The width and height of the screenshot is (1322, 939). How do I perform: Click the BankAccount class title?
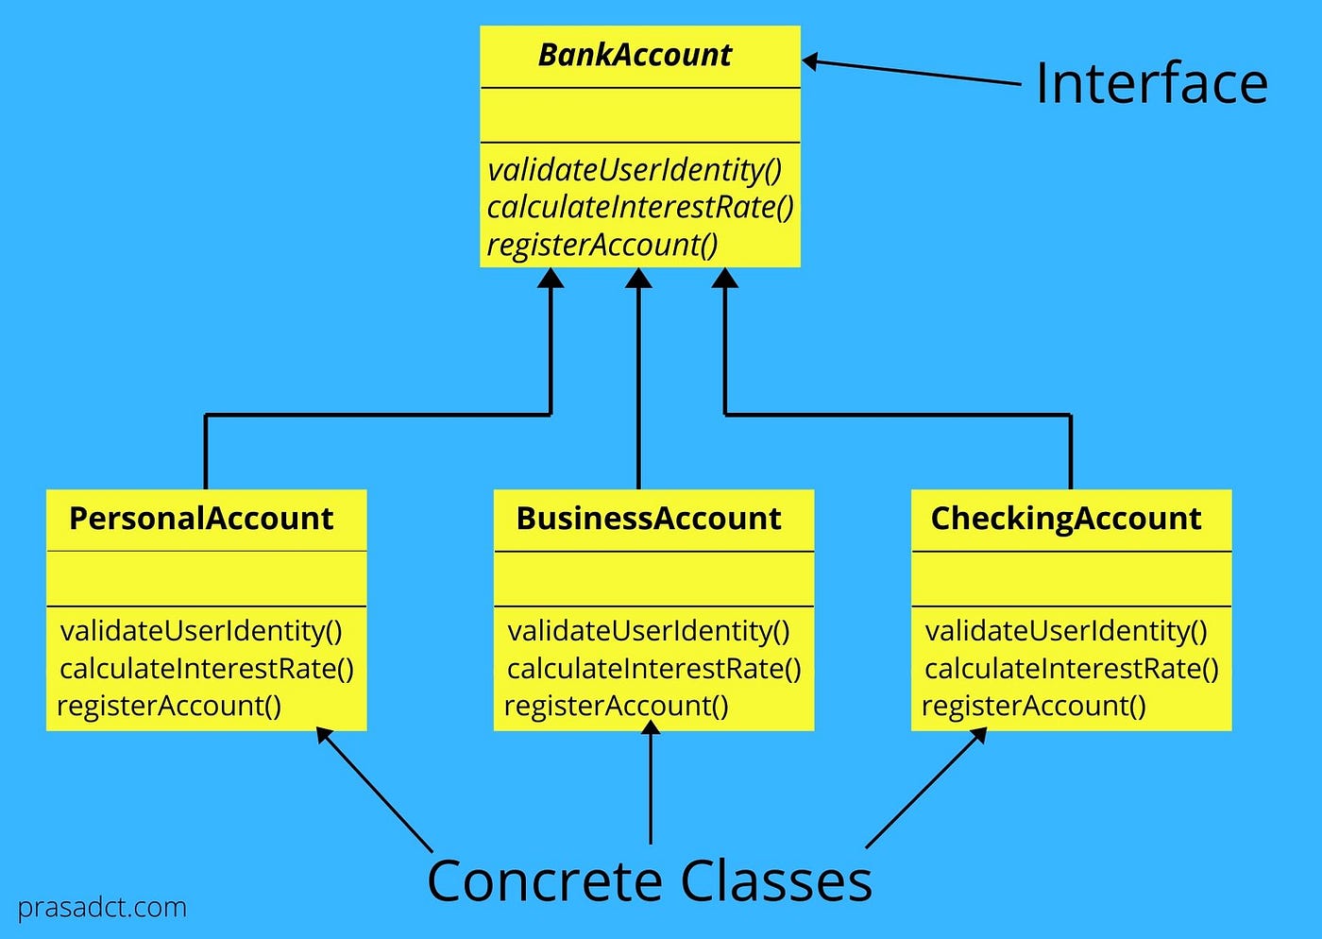pyautogui.click(x=635, y=56)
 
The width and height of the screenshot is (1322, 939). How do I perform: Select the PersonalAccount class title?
pyautogui.click(x=201, y=519)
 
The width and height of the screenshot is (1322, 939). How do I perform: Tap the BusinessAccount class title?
pyautogui.click(x=649, y=519)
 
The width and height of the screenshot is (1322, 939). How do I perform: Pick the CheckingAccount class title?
pyautogui.click(x=1066, y=519)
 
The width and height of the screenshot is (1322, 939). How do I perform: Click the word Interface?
pyautogui.click(x=1151, y=84)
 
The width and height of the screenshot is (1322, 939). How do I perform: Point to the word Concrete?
pyautogui.click(x=545, y=881)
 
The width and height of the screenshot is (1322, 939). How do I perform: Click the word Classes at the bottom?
pyautogui.click(x=776, y=881)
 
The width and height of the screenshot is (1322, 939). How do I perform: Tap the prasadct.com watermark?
pyautogui.click(x=102, y=908)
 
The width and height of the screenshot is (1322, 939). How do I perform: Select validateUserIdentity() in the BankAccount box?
pyautogui.click(x=635, y=170)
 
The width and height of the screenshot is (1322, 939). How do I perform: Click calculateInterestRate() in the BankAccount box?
pyautogui.click(x=640, y=207)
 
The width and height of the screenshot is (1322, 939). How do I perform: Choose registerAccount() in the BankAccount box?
pyautogui.click(x=602, y=245)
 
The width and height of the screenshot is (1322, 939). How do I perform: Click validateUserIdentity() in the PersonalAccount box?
pyautogui.click(x=201, y=631)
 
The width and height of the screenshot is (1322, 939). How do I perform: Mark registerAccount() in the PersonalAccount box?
pyautogui.click(x=169, y=706)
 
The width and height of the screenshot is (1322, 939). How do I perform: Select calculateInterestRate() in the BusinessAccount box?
pyautogui.click(x=653, y=669)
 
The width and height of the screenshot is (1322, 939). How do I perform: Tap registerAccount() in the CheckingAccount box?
pyautogui.click(x=1034, y=706)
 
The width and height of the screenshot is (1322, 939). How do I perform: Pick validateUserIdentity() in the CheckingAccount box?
pyautogui.click(x=1066, y=631)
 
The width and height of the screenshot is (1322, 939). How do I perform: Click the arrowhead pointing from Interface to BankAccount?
pyautogui.click(x=810, y=62)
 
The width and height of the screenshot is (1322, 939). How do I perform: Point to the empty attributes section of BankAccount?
pyautogui.click(x=640, y=115)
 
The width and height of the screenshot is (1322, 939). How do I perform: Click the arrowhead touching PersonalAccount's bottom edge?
pyautogui.click(x=324, y=735)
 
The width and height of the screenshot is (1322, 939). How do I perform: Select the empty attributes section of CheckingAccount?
pyautogui.click(x=1071, y=578)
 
